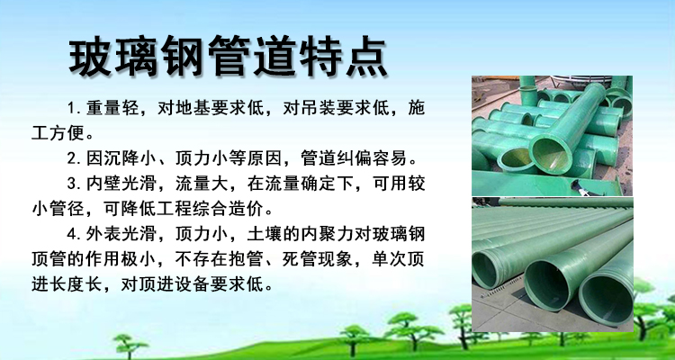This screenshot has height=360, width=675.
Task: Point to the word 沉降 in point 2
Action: pos(121,158)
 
